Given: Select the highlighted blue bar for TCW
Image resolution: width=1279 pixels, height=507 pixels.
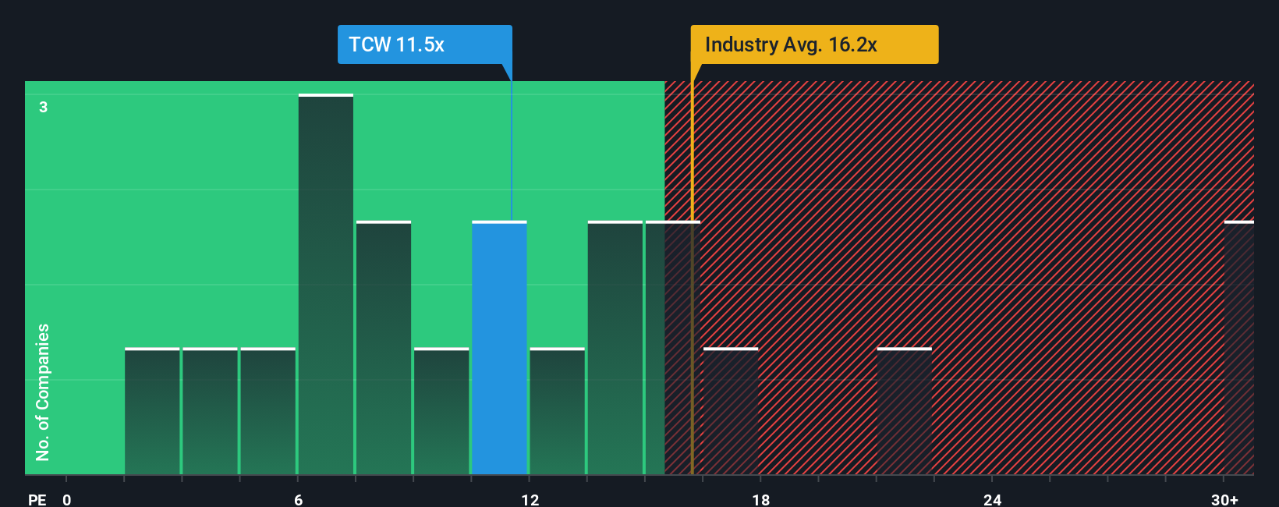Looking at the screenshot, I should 499,348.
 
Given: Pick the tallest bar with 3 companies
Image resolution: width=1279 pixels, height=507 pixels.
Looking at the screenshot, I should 326,285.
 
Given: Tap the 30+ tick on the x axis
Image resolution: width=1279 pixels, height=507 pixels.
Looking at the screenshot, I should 1224,499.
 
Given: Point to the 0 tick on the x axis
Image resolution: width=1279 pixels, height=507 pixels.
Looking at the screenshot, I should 67,499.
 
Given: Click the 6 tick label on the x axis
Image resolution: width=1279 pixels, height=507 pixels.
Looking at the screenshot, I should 298,499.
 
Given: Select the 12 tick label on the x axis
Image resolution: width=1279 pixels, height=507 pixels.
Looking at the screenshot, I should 530,499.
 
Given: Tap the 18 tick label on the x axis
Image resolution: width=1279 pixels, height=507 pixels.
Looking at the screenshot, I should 761,499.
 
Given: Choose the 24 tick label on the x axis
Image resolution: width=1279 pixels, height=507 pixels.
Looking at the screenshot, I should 992,499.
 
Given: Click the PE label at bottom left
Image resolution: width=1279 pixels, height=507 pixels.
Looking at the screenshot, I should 37,499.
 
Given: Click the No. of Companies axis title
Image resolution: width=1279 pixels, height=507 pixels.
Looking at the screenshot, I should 43,392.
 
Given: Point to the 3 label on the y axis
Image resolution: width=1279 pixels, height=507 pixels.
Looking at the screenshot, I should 44,107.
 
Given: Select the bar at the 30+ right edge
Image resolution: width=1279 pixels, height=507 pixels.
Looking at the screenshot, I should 1238,348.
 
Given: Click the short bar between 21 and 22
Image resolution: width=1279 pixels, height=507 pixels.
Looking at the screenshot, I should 904,411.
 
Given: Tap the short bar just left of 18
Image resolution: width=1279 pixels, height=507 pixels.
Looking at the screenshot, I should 730,411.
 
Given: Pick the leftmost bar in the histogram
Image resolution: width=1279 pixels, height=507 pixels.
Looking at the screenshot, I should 152,411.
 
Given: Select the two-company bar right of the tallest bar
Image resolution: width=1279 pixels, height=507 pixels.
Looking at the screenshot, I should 384,348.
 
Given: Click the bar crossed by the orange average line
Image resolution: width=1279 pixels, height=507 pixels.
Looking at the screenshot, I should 672,348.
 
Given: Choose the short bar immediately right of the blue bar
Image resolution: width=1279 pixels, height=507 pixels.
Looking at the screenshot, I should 557,411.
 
